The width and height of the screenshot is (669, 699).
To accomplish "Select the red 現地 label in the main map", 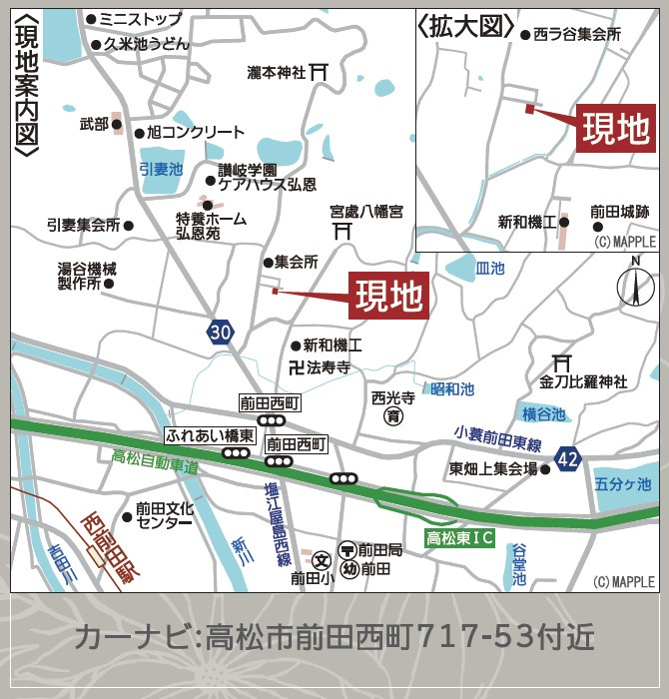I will (389, 296).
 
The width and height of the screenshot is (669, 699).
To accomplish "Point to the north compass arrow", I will (634, 283).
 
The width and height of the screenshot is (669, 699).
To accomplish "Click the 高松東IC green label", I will (460, 537).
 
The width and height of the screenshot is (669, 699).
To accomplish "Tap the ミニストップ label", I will (146, 19).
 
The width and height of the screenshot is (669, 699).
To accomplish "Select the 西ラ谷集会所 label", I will (577, 34).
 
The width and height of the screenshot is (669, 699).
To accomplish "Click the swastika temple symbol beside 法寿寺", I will (295, 367).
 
